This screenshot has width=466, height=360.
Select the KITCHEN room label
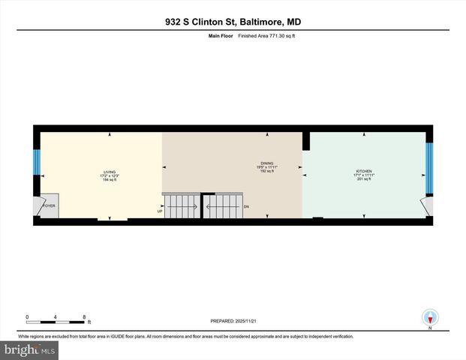[364, 172]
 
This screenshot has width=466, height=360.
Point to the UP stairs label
[159, 211]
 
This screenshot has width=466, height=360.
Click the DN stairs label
[245, 206]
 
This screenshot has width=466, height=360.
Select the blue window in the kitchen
[428, 169]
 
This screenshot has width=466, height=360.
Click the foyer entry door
[40, 207]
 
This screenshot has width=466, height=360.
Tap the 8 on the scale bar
[84, 316]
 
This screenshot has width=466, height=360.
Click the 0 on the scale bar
[27, 316]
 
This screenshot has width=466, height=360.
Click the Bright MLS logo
[29, 350]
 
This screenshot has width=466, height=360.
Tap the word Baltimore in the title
[255, 22]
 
